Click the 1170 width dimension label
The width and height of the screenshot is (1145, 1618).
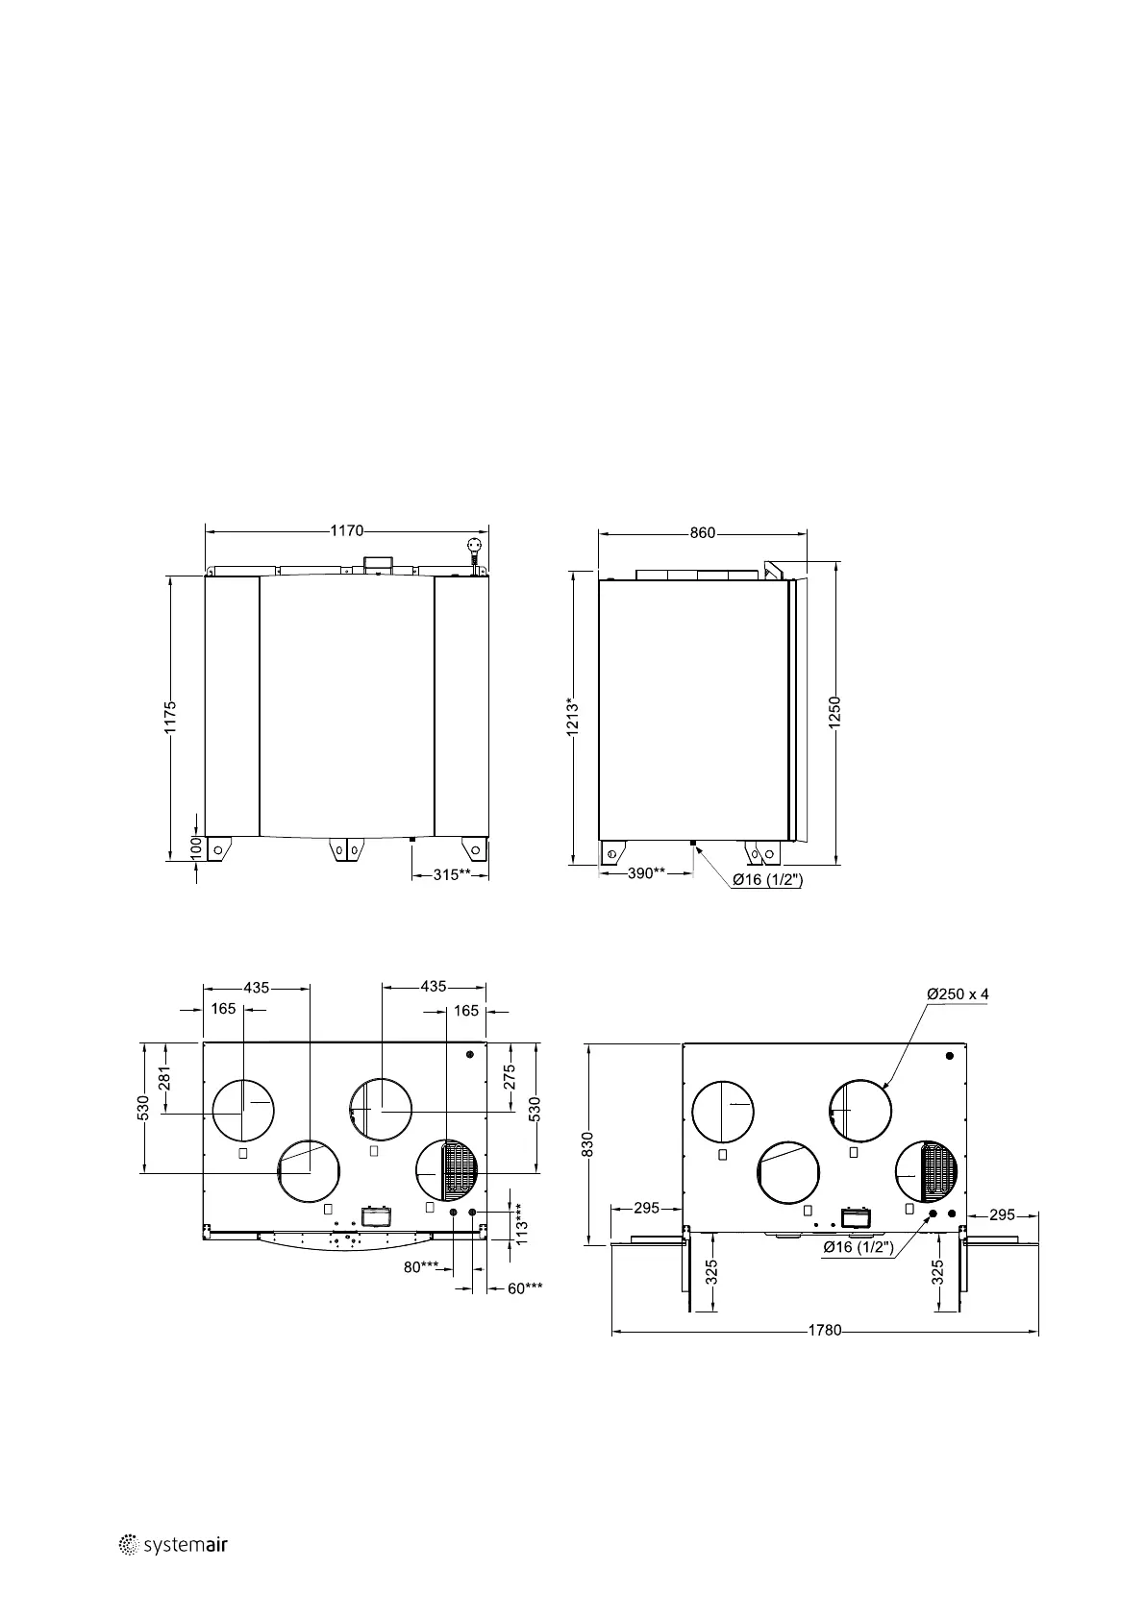(347, 531)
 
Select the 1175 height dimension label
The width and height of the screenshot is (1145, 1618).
(170, 718)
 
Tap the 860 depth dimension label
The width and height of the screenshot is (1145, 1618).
(703, 533)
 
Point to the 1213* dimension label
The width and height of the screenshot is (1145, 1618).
(573, 718)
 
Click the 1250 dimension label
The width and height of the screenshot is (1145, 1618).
(834, 713)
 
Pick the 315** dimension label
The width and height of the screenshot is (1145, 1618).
(452, 874)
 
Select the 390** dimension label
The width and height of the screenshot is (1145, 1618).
(646, 873)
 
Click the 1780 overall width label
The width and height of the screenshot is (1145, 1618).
(825, 1331)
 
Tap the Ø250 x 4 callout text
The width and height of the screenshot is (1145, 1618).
(958, 993)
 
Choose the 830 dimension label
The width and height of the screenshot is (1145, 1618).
(587, 1145)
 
